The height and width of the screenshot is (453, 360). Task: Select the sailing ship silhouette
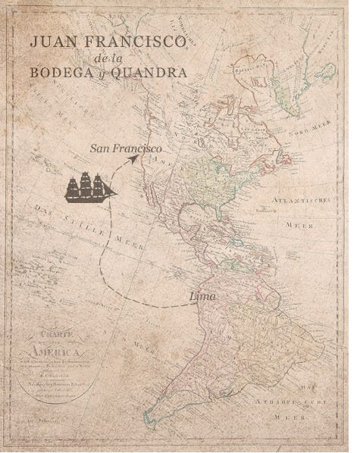[x=90, y=187]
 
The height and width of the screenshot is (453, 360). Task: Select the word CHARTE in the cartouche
[x=55, y=339]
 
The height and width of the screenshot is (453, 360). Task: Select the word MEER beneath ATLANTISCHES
[x=296, y=225]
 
